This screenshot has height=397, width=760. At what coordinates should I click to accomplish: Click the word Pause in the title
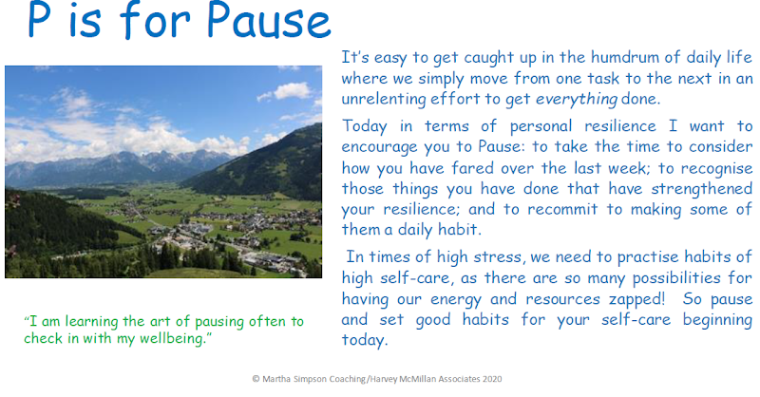269,19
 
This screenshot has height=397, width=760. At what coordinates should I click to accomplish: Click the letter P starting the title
40,19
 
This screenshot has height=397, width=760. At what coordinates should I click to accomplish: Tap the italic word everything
577,100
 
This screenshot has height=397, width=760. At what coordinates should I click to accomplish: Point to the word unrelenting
383,100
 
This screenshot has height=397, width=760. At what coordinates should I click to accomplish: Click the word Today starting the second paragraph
365,126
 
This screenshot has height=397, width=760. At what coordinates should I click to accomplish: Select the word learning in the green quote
91,322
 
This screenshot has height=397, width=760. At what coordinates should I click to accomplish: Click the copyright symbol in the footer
256,379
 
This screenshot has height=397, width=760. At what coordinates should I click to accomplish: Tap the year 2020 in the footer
492,379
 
